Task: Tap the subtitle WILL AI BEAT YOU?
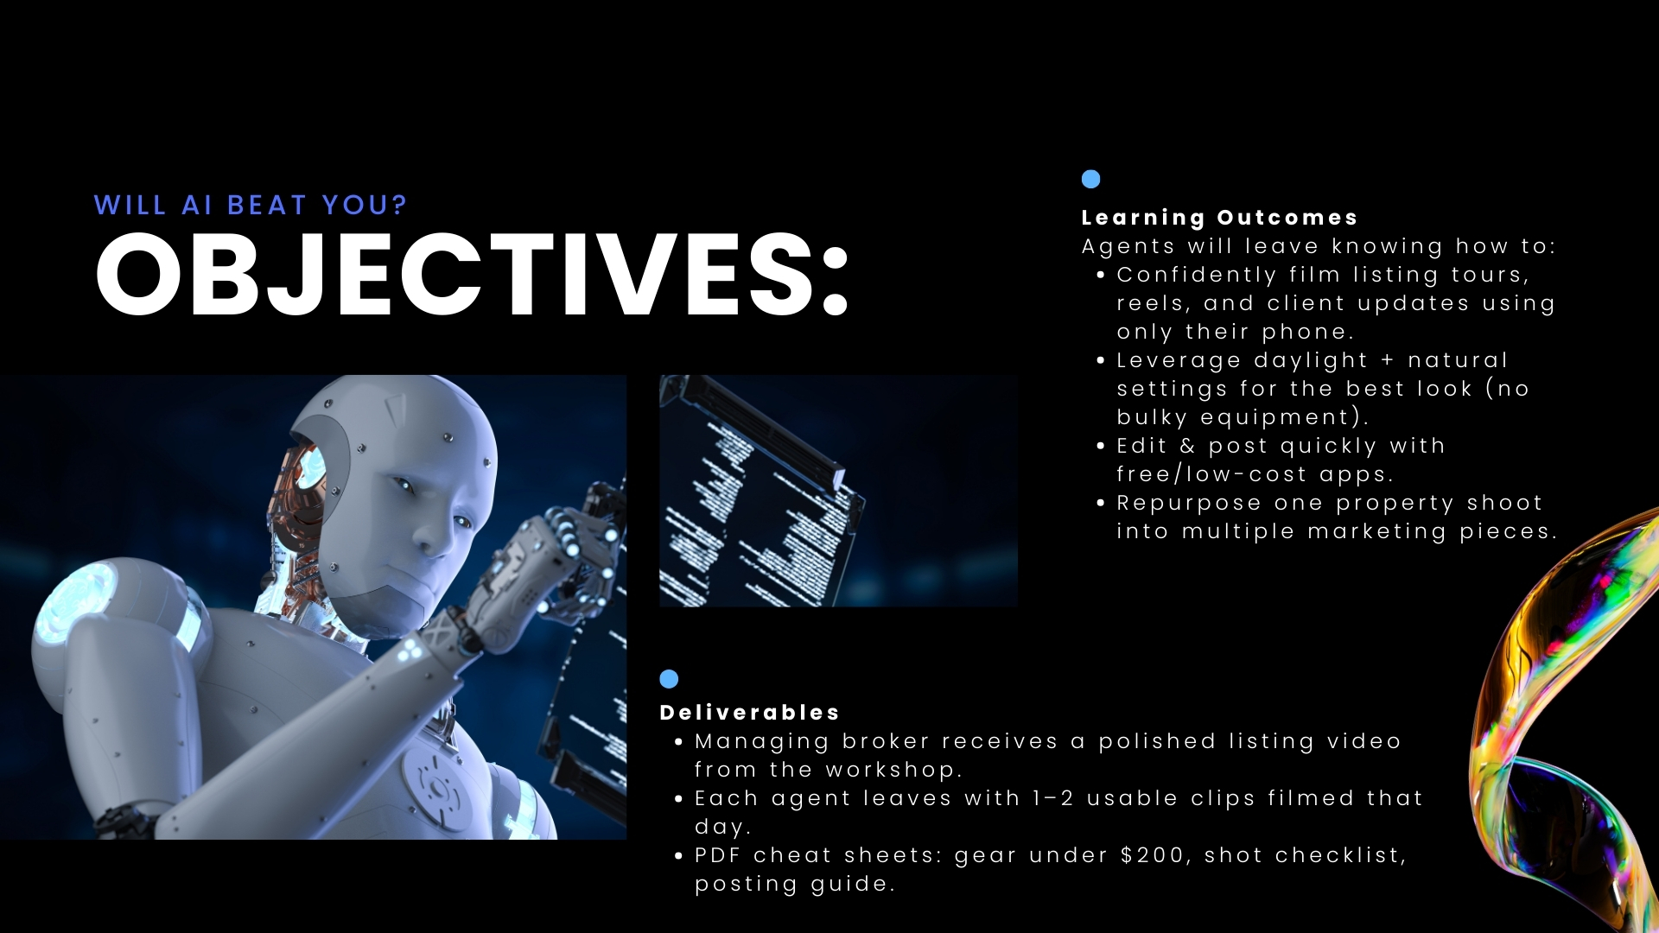[251, 206]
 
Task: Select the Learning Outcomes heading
[1219, 218]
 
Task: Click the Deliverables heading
[749, 713]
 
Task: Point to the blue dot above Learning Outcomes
[1090, 179]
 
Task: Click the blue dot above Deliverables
[669, 679]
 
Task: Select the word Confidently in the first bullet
[1196, 275]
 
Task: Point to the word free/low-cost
[1211, 474]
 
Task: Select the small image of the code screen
[838, 491]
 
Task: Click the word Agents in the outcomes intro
[1128, 246]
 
